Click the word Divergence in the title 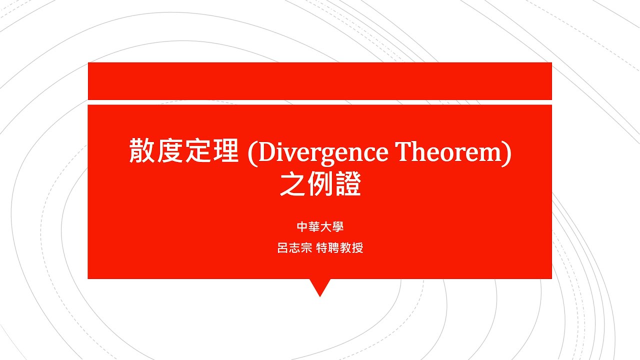tap(323, 152)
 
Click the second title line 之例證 tap(320, 185)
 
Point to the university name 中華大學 tap(320, 227)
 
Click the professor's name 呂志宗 tap(295, 248)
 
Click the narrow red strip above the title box tap(320, 81)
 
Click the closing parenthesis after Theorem tap(507, 152)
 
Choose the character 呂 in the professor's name tap(282, 248)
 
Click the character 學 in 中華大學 tap(337, 227)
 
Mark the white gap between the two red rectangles tap(320, 102)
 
